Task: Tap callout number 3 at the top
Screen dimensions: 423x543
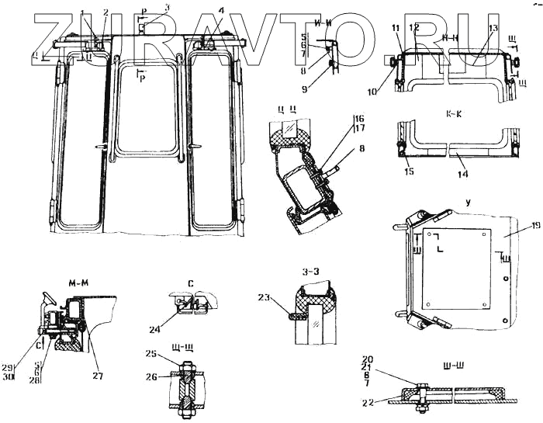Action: point(165,6)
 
